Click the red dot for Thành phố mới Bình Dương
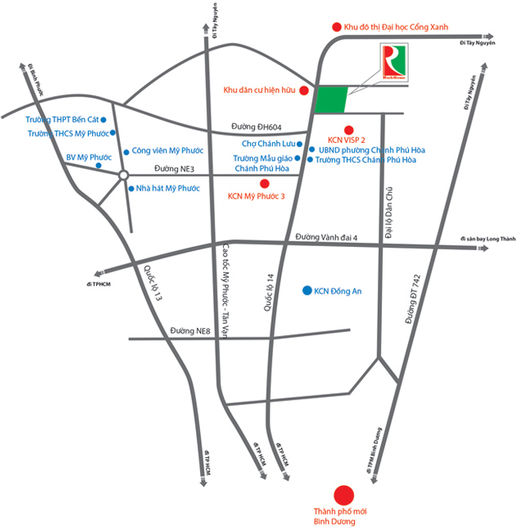344,495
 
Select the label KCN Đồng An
338,291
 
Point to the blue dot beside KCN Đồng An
306,291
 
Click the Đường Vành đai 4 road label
327,237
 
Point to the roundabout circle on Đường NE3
124,175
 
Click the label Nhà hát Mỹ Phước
168,188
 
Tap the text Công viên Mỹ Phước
168,150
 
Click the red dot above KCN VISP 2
348,129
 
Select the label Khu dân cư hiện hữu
260,91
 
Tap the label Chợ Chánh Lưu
268,144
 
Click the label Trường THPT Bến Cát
60,119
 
